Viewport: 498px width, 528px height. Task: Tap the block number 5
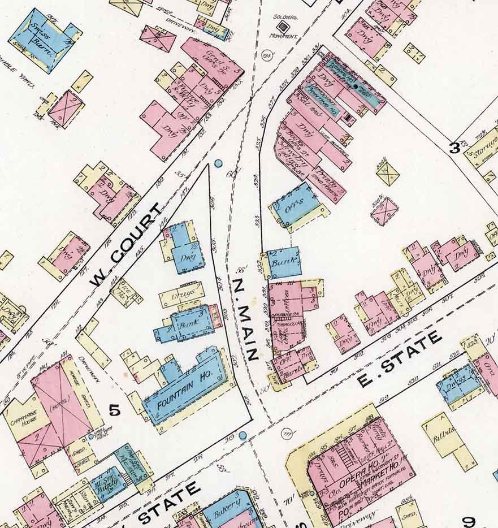point(115,410)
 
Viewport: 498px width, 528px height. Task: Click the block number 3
point(454,149)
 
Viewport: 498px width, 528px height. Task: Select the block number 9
point(469,521)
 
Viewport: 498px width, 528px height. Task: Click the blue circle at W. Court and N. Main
point(218,164)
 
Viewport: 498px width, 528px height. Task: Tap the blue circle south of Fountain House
point(242,435)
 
